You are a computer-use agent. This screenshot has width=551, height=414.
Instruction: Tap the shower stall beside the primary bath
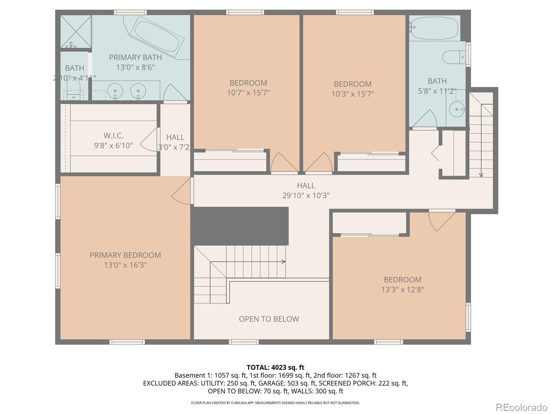point(76,32)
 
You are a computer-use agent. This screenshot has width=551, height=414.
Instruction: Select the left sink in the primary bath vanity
point(115,91)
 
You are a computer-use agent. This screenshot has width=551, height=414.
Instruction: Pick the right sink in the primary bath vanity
point(138,91)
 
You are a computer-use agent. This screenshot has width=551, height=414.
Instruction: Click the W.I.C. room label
point(113,136)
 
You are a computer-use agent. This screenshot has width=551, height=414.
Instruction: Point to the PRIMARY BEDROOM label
point(125,255)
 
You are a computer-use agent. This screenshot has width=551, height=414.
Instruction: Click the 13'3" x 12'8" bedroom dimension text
point(402,289)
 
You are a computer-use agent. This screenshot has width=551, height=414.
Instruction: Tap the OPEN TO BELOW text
point(269,319)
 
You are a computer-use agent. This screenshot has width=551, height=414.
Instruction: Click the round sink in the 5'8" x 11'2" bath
point(457,109)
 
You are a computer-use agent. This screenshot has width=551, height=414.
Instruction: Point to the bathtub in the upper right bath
point(435,28)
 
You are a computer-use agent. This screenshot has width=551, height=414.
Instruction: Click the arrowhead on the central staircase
point(284,262)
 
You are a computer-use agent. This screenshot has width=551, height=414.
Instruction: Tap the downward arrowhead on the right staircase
point(481,175)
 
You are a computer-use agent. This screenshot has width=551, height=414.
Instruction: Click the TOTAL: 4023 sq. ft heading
point(275,367)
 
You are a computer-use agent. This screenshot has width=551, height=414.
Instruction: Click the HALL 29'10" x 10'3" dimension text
point(306,195)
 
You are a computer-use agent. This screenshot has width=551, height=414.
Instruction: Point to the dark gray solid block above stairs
point(240,226)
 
